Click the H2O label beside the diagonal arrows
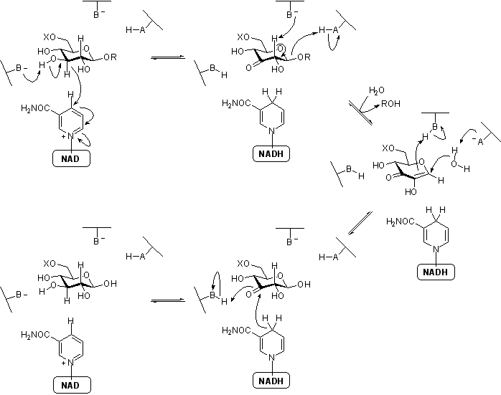(x=376, y=91)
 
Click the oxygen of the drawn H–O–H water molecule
(x=446, y=162)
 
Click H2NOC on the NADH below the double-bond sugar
(x=401, y=223)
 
